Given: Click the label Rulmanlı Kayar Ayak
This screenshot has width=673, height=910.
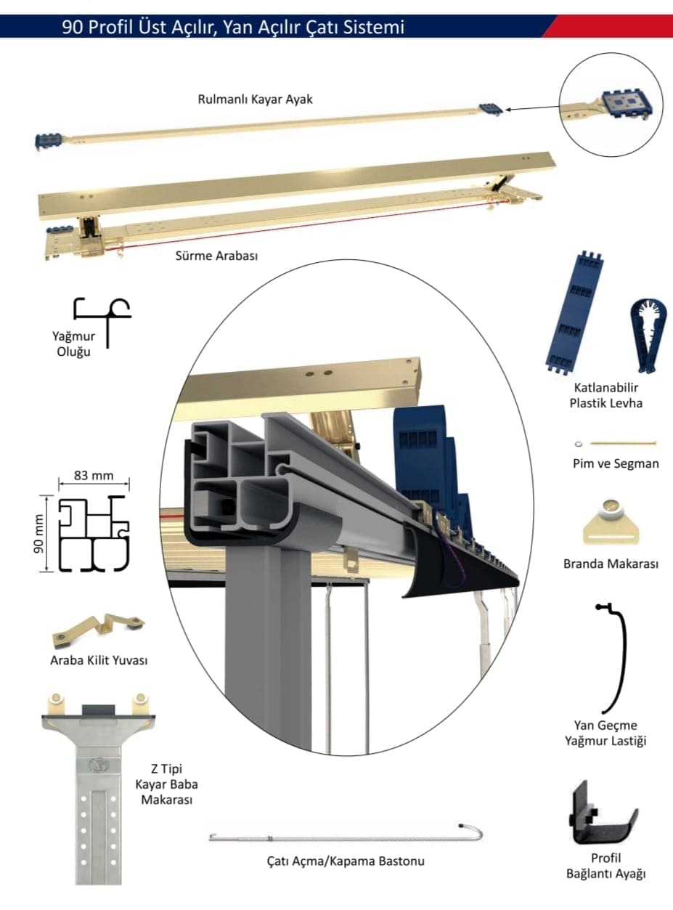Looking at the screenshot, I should (255, 99).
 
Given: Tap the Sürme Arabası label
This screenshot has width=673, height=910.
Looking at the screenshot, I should (217, 256).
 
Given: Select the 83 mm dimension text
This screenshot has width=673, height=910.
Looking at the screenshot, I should (94, 476).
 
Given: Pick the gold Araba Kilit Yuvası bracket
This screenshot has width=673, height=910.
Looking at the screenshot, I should (97, 630).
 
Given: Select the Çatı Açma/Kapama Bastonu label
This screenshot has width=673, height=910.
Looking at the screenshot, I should (345, 861).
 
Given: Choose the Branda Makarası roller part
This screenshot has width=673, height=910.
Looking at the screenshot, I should (611, 521).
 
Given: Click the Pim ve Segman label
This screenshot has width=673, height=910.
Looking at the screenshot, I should (616, 463).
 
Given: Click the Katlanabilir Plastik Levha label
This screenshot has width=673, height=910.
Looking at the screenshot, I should (605, 396).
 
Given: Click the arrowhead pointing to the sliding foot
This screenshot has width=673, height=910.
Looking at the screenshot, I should (507, 109).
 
